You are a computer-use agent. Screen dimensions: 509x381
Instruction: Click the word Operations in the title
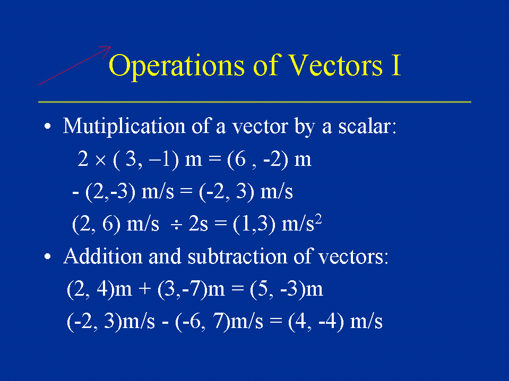[177, 66]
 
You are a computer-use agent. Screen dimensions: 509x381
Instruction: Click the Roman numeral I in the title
[396, 65]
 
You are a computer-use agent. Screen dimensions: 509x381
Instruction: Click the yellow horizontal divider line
[255, 102]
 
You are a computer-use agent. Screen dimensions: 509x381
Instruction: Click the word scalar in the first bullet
[367, 126]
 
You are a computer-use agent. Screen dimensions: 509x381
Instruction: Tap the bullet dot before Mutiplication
[48, 126]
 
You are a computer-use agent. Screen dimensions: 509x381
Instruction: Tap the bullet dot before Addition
[48, 256]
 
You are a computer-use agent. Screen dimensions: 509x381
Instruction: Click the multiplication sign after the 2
[101, 161]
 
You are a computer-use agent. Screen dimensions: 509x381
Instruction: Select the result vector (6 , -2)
[258, 160]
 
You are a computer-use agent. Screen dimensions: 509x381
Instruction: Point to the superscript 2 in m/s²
[318, 220]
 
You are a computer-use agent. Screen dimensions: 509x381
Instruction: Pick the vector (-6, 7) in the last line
[202, 322]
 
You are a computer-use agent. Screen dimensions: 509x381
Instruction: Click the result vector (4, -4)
[316, 322]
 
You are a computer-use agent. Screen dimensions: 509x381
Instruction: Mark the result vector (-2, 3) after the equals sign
[227, 192]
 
